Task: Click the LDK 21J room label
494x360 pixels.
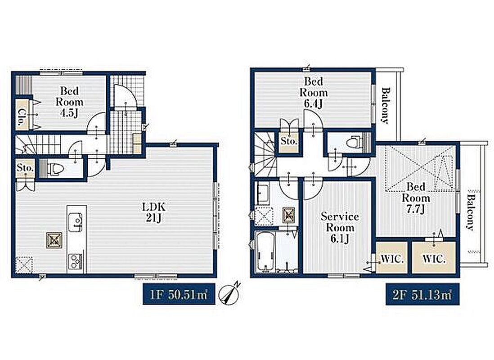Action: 154,212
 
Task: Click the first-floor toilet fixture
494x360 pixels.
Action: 54,169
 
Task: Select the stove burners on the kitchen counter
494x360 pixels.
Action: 76,261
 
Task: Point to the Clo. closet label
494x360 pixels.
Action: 22,117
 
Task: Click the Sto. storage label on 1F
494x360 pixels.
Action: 25,168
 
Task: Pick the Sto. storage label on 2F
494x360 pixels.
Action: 288,141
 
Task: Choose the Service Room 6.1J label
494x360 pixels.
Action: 340,228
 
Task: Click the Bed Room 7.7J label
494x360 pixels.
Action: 416,198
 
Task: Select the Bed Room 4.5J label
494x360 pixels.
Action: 69,102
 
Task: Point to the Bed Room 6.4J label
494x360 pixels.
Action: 314,92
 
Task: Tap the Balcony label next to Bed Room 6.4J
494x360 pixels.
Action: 385,105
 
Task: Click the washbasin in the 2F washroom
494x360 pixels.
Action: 263,193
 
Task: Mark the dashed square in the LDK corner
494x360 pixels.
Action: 24,265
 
